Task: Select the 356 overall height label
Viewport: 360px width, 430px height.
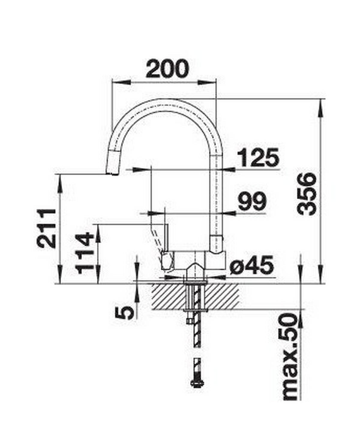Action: pos(307,194)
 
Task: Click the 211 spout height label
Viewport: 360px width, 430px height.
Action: pos(46,228)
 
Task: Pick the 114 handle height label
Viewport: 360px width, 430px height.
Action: pos(85,253)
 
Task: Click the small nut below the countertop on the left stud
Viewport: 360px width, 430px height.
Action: pos(189,321)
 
